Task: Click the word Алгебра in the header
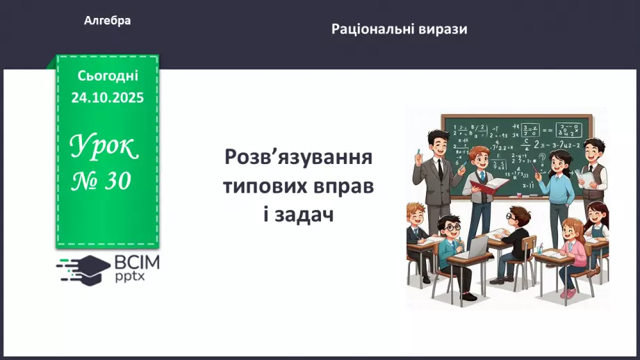[107, 21]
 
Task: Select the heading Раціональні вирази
[399, 29]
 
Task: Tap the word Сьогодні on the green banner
[107, 75]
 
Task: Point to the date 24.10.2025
[107, 97]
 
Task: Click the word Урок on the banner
[104, 147]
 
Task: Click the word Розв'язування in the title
[298, 156]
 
